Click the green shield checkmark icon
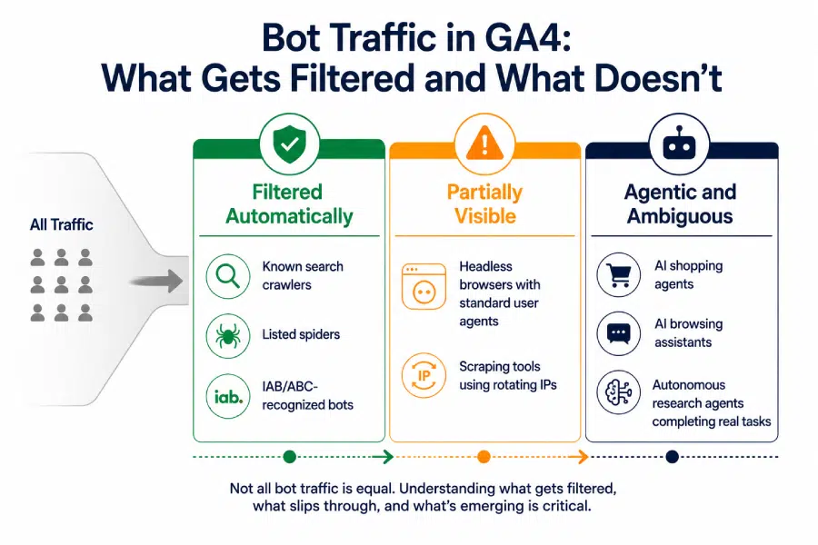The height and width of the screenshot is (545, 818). point(290,144)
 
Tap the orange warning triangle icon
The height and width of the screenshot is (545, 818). point(484,144)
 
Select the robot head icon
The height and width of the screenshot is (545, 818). point(679,144)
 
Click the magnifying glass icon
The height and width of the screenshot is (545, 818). point(228,276)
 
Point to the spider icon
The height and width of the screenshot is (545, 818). point(228,336)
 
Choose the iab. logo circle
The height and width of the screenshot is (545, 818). point(228,396)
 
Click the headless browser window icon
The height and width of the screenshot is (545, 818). point(424,286)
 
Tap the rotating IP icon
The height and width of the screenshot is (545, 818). point(424,375)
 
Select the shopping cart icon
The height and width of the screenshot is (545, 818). point(619,275)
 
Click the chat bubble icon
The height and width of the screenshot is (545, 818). point(619,333)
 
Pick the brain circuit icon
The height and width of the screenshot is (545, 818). point(619,392)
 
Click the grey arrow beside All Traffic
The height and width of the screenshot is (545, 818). point(156,282)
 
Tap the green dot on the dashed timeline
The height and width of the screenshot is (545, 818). point(290,457)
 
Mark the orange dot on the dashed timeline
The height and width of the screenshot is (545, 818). point(484,457)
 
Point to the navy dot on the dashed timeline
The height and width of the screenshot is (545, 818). point(673,457)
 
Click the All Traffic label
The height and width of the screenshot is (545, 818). point(62,224)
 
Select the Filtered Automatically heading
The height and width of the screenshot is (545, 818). point(289,203)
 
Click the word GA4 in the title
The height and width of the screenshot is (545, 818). point(526,38)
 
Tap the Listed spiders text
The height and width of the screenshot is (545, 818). point(301,334)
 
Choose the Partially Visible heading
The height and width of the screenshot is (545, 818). point(484,203)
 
